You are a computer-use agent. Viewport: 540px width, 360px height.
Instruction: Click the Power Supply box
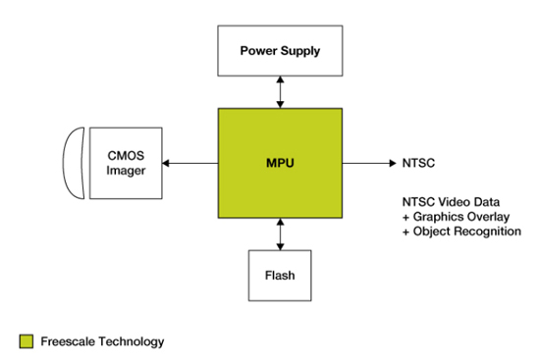pos(280,51)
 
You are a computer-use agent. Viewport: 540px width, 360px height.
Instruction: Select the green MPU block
pos(280,163)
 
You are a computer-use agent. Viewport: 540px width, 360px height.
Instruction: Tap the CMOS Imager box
pos(126,163)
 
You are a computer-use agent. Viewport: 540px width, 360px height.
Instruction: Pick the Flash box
pos(280,276)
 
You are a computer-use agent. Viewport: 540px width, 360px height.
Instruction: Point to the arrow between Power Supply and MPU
pos(281,92)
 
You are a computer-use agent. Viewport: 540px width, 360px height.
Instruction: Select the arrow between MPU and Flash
pos(281,234)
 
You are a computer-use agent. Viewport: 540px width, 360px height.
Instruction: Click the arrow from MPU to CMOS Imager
pos(190,163)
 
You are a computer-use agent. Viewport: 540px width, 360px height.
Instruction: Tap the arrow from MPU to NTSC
pos(369,163)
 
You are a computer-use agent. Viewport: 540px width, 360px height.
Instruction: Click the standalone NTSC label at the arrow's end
pos(418,163)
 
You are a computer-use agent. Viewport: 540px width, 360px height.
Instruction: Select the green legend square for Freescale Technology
pos(27,341)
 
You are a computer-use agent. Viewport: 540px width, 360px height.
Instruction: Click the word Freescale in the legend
pos(68,341)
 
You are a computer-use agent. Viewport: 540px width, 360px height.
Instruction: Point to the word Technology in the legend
pos(132,341)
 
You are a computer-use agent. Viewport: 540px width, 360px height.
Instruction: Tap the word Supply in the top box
pos(300,51)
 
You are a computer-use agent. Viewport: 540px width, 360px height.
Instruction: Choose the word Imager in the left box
pos(126,171)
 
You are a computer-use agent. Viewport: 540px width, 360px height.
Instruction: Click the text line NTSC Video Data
pos(452,202)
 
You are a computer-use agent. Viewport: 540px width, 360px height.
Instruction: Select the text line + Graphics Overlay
pos(456,217)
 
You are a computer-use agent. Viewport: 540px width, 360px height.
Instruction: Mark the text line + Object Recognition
pos(461,231)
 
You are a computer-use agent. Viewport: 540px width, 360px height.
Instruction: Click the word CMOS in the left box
pos(126,156)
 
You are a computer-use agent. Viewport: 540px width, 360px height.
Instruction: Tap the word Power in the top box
pos(258,51)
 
